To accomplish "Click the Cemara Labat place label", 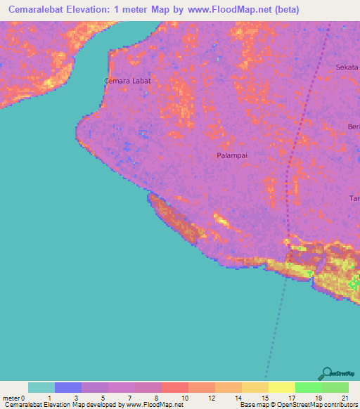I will tap(127, 81).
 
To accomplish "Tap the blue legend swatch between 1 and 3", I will tap(68, 387).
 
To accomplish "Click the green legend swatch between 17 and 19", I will tap(308, 387).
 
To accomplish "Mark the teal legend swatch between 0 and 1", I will tap(41, 387).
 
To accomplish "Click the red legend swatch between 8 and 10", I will tap(174, 387).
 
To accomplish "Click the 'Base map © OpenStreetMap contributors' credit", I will tap(297, 405).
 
